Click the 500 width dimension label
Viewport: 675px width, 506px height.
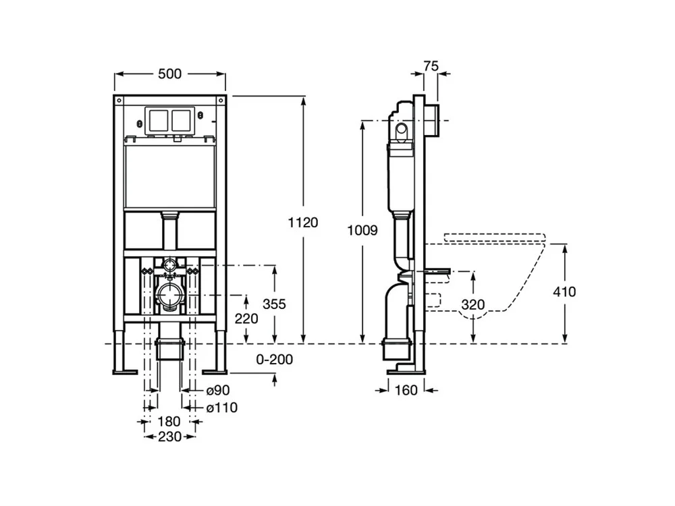169,74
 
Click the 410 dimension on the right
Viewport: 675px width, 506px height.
565,291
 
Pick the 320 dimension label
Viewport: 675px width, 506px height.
473,304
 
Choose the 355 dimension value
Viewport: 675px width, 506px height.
275,304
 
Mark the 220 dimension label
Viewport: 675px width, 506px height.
246,318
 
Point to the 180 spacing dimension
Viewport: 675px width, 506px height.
169,422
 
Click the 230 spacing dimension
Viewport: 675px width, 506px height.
169,437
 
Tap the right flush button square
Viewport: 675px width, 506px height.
182,120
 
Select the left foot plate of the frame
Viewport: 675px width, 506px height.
124,370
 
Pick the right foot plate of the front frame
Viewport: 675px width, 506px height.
215,370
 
